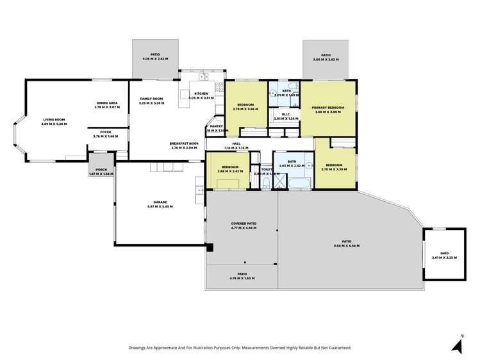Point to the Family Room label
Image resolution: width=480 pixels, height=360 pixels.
[x=151, y=99]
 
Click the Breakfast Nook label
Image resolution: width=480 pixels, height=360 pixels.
[x=185, y=144]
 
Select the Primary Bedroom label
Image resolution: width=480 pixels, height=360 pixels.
[x=327, y=108]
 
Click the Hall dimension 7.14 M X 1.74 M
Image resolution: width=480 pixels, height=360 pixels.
[x=236, y=148]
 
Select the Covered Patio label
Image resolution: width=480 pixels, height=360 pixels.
[x=243, y=224]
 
